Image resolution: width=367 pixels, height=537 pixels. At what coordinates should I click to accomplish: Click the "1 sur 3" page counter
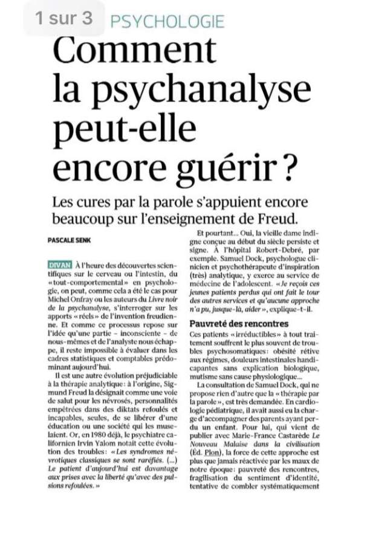[x=64, y=18]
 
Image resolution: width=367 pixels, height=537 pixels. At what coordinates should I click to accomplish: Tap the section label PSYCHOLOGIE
[x=167, y=22]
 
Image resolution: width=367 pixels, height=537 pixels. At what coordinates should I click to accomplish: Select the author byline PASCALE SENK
[x=71, y=240]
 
